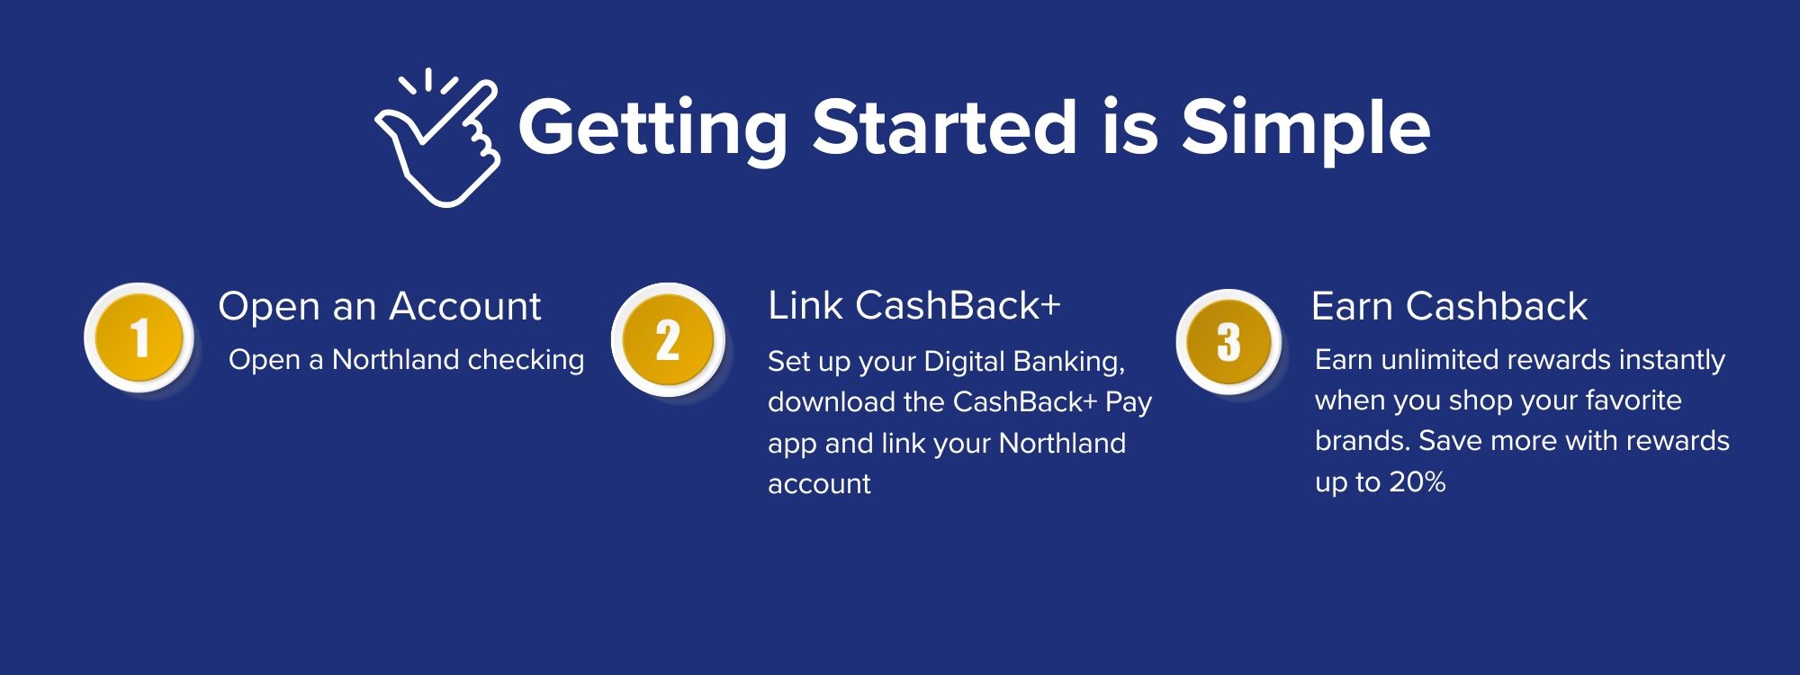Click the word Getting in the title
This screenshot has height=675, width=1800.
(x=652, y=128)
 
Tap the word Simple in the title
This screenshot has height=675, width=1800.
(x=1305, y=128)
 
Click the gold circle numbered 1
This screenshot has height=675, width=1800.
(x=139, y=339)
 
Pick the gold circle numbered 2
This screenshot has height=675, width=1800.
(x=668, y=341)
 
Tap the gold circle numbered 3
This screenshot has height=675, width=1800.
(x=1228, y=342)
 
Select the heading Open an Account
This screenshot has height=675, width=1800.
(x=379, y=307)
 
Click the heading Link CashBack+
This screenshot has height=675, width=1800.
(x=914, y=306)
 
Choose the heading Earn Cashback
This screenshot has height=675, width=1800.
(x=1449, y=307)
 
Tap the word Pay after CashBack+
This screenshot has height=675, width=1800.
(x=1129, y=402)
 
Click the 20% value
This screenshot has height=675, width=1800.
(x=1417, y=482)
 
